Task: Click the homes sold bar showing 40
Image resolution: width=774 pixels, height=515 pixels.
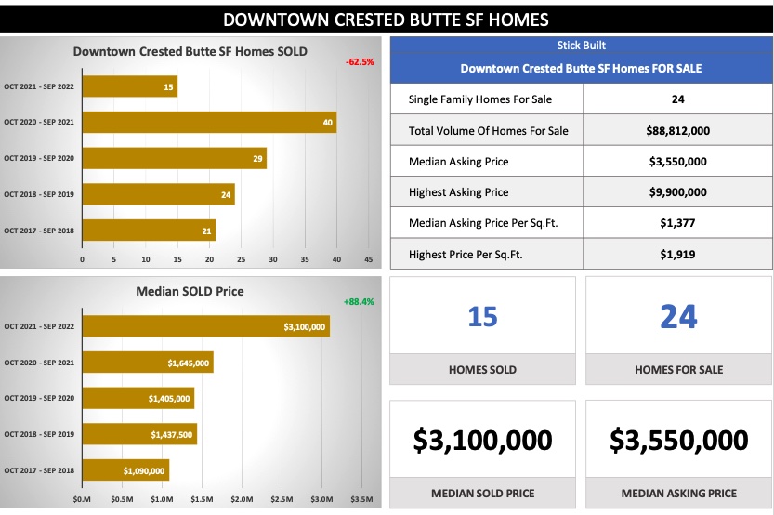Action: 209,123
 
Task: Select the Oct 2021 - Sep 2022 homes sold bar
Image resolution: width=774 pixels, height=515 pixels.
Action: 130,86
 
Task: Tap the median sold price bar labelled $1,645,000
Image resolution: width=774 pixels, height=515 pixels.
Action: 148,363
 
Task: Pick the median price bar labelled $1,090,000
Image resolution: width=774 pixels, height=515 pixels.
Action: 125,470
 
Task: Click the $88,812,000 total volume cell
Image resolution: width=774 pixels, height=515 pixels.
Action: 678,130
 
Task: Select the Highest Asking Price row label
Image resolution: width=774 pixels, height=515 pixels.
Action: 458,192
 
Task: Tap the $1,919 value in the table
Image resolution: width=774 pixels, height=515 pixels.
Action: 678,254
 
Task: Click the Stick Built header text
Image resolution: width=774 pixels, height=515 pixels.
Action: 581,46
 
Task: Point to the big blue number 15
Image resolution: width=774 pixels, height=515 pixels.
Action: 482,317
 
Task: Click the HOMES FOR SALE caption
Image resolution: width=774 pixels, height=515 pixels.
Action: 678,370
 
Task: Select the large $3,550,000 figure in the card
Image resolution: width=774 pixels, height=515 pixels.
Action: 679,440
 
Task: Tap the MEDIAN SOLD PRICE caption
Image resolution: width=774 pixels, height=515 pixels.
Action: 482,494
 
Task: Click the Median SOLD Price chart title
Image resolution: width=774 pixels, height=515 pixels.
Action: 190,291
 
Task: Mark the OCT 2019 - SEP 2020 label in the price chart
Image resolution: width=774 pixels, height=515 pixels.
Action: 40,398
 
